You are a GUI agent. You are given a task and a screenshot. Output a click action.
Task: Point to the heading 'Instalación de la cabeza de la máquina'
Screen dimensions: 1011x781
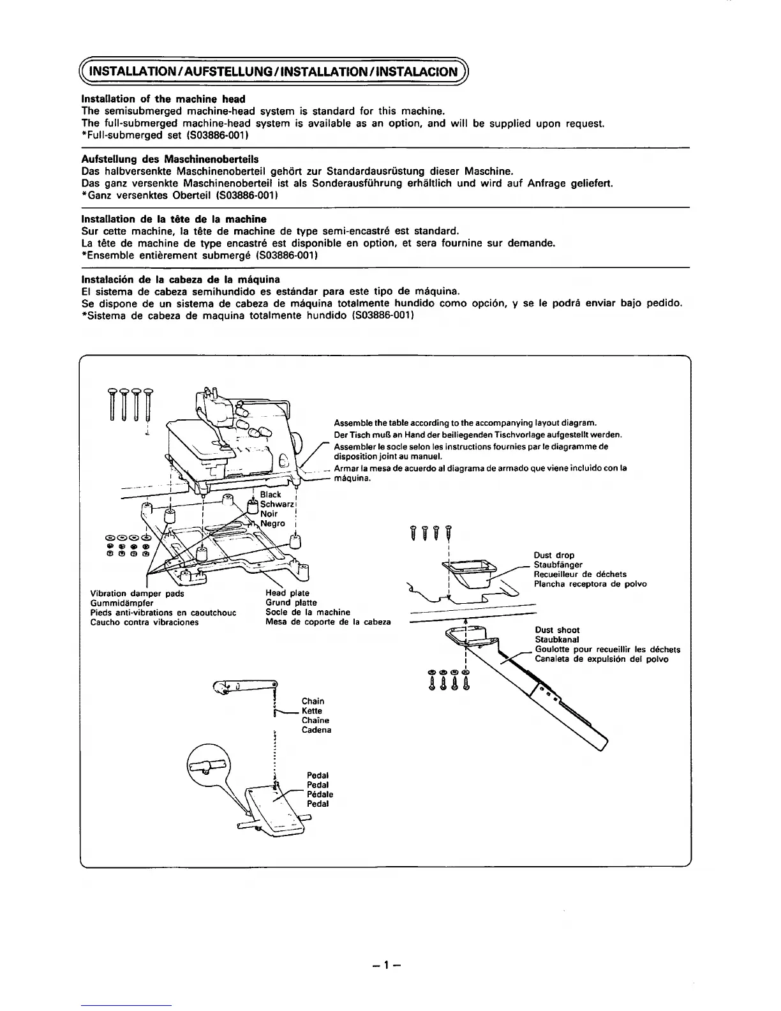tap(181, 280)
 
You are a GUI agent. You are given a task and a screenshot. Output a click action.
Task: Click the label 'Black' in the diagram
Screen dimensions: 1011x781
tap(271, 495)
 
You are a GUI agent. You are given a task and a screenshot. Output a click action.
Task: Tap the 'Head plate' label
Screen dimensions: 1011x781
tap(287, 594)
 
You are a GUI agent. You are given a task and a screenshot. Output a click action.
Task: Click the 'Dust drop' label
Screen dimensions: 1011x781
tap(554, 555)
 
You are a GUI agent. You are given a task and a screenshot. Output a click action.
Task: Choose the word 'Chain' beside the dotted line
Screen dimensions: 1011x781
tap(313, 701)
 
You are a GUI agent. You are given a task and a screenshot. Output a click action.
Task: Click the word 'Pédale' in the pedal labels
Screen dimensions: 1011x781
tap(320, 795)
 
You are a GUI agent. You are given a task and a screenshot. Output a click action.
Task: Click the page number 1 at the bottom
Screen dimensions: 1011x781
tap(390, 966)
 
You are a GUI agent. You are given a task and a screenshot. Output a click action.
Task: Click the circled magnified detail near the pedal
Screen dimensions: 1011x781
tap(207, 762)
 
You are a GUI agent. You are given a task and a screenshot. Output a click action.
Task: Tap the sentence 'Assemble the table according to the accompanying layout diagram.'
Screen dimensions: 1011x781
tap(465, 423)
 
